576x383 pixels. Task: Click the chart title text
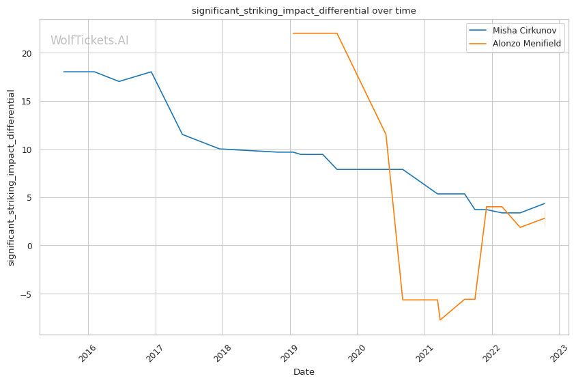click(304, 10)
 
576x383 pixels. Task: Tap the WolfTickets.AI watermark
click(89, 40)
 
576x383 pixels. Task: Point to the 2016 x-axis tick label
click(87, 352)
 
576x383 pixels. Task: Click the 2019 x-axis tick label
click(289, 352)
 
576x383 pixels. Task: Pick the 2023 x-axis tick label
click(558, 352)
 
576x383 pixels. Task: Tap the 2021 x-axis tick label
click(423, 352)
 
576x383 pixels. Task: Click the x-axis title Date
click(304, 372)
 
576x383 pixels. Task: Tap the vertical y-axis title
click(11, 178)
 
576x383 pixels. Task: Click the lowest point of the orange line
click(440, 320)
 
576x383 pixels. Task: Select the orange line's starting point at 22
click(293, 33)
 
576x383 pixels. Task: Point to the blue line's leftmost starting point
click(63, 72)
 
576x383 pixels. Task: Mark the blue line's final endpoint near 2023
click(545, 203)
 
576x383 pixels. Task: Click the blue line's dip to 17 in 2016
click(119, 81)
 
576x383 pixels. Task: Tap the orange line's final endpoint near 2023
click(545, 218)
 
